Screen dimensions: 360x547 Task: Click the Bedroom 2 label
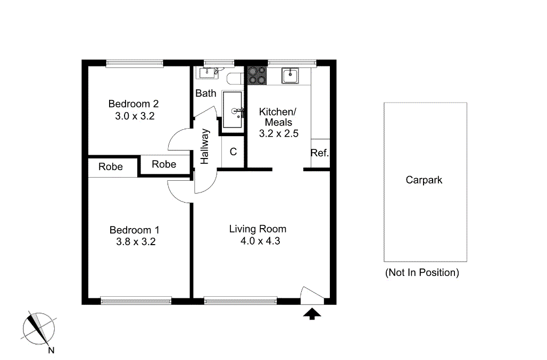tap(134, 104)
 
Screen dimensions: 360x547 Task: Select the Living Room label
tap(258, 229)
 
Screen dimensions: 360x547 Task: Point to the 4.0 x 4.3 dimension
tap(260, 241)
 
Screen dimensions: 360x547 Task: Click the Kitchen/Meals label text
tap(276, 117)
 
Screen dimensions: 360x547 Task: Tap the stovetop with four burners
tap(257, 75)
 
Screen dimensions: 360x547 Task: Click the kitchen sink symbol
tap(290, 76)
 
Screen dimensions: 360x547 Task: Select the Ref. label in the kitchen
tap(320, 154)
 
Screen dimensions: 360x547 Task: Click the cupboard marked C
tap(233, 152)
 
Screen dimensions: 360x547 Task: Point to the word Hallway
tap(205, 147)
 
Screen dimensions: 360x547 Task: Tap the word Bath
tap(206, 94)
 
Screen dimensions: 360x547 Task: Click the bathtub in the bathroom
tap(233, 110)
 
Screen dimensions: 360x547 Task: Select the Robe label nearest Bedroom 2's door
tap(164, 164)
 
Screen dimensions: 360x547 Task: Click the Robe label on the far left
tap(111, 167)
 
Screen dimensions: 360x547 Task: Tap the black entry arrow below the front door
tap(312, 314)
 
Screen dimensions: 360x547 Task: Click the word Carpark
tap(424, 180)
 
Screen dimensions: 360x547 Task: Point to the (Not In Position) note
tap(422, 273)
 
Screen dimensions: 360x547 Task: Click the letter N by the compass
tap(51, 350)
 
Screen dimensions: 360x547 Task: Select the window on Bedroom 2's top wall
tap(135, 63)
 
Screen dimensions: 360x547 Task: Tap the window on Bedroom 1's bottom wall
tap(136, 301)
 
